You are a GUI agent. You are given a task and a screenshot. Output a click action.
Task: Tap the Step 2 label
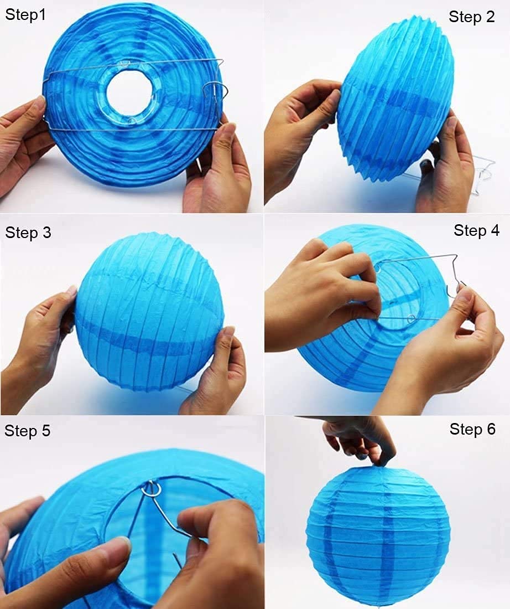click(471, 17)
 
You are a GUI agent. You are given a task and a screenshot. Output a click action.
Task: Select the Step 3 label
click(28, 233)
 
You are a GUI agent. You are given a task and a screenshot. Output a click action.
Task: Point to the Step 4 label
click(476, 230)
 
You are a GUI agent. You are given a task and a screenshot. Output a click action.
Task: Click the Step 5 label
click(27, 431)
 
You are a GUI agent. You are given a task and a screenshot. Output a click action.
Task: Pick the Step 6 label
click(472, 429)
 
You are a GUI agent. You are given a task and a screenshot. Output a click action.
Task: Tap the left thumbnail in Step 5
click(118, 545)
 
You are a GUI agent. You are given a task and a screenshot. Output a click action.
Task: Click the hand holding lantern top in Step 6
click(360, 437)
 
